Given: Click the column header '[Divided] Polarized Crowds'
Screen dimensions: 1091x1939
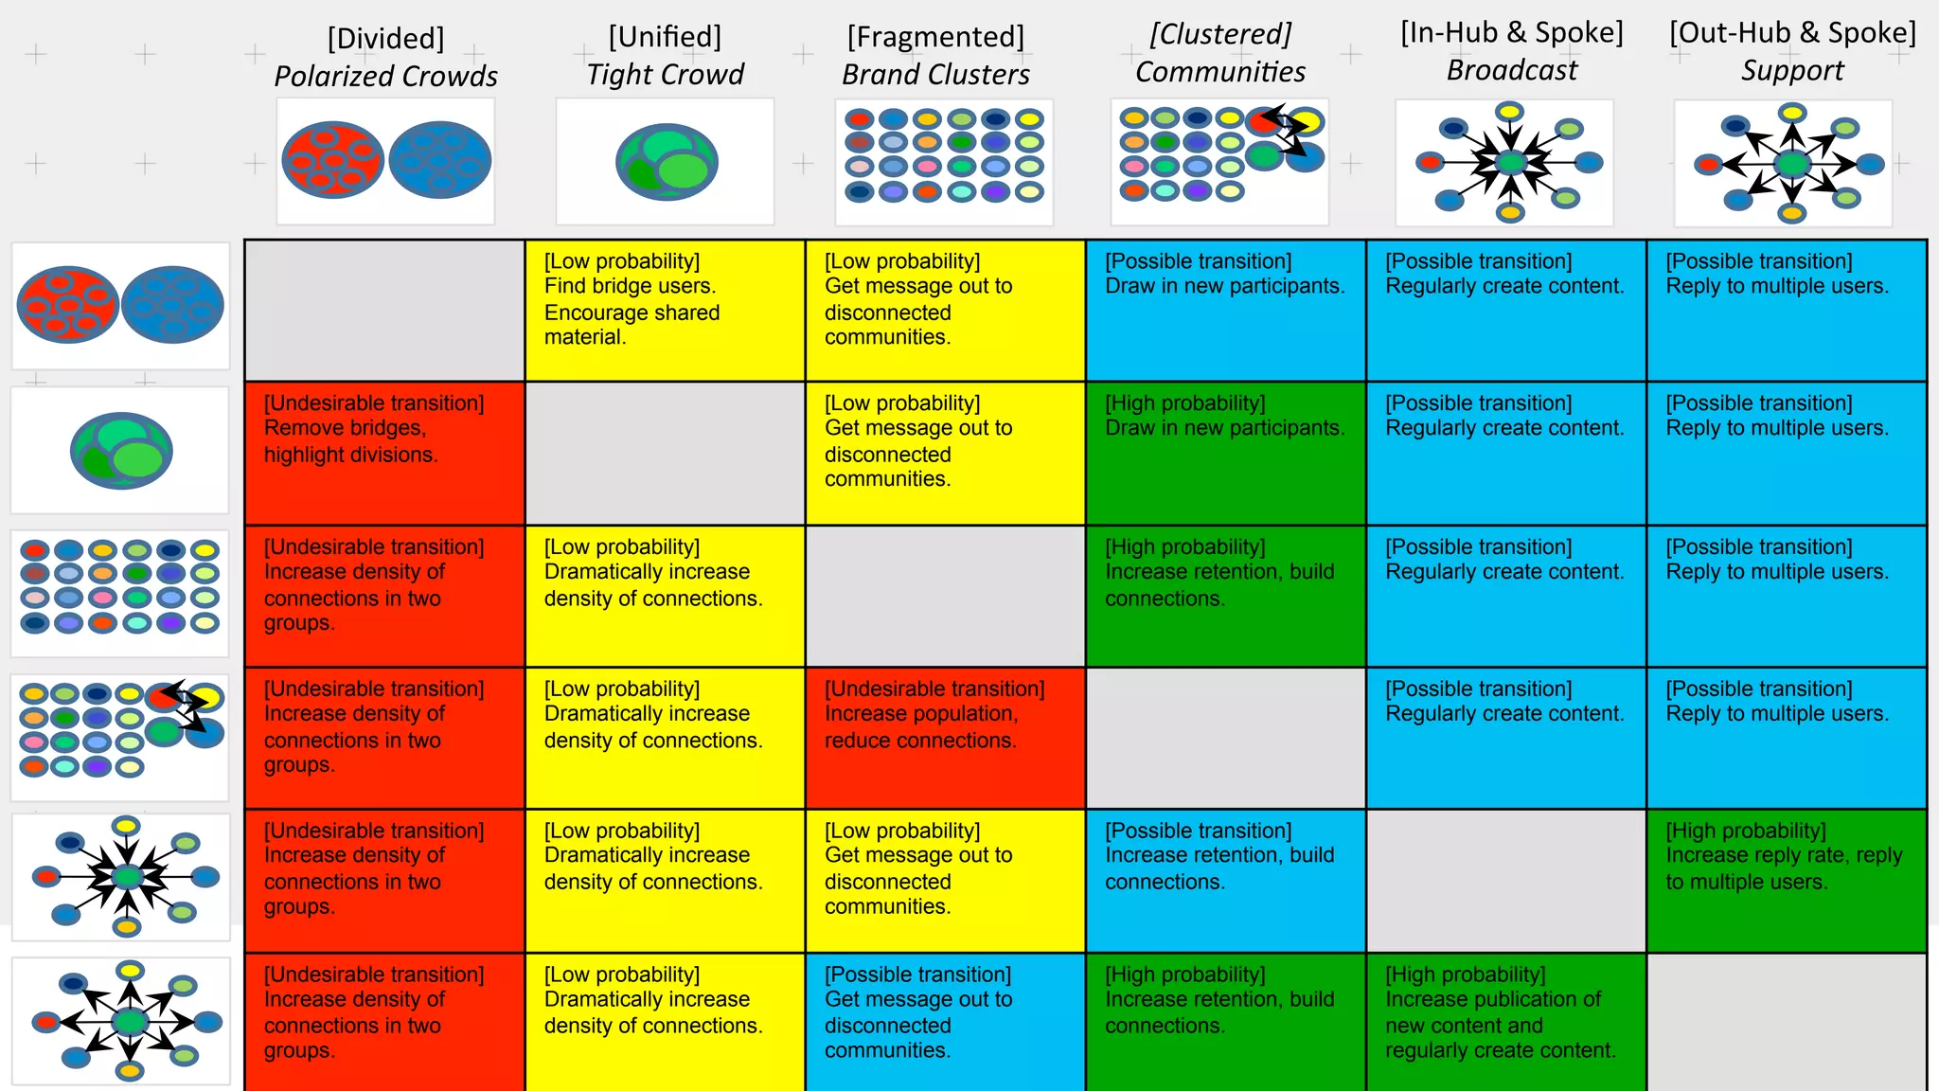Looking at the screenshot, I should [x=385, y=57].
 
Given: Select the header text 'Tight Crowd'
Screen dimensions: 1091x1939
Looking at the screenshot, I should [x=665, y=75].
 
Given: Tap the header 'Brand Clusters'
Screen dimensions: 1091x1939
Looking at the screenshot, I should [x=935, y=75].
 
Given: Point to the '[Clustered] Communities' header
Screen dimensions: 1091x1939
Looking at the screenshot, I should [x=1219, y=53].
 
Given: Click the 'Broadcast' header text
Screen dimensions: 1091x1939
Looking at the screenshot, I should [x=1511, y=71].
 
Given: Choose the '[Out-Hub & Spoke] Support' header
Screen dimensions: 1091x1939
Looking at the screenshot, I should [x=1791, y=52].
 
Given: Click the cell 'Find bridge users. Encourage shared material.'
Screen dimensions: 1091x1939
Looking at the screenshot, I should [x=665, y=310].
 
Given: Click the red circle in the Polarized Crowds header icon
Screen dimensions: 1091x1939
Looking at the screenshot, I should [x=332, y=160].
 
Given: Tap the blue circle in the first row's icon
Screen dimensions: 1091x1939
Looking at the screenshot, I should [x=172, y=305].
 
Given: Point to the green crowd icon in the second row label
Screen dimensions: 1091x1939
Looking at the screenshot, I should [x=121, y=451].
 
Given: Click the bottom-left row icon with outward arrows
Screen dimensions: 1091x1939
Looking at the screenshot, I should [x=121, y=1021].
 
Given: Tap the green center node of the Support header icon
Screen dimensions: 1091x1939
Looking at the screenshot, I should [x=1790, y=165].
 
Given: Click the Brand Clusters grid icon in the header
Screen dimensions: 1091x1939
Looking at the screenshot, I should [x=944, y=161].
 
